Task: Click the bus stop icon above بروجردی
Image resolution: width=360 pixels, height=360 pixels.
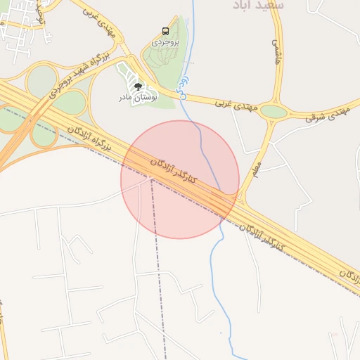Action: [x=165, y=32]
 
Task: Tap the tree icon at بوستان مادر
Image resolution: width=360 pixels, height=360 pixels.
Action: [x=137, y=86]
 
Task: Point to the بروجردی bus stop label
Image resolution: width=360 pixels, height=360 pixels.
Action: [x=166, y=42]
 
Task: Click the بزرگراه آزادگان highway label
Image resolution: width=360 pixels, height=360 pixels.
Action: [x=90, y=137]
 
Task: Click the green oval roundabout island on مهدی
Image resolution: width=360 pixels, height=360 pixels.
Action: [x=274, y=111]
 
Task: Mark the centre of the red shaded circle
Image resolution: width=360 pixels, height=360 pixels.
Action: [x=180, y=179]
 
